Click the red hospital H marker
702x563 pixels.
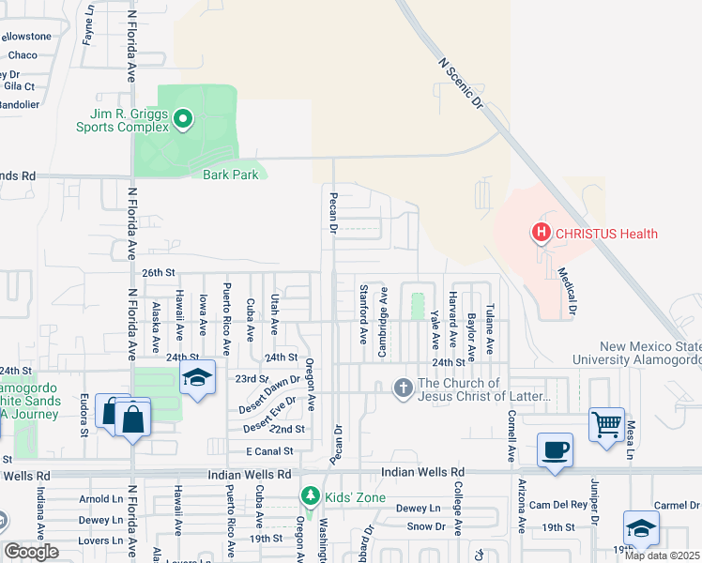tap(541, 232)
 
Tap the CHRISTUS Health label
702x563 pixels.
tap(605, 234)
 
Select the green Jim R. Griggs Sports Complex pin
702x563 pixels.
tap(184, 119)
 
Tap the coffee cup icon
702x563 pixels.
tap(555, 449)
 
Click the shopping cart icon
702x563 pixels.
tap(606, 423)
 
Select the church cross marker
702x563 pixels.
tap(403, 388)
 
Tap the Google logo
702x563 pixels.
tap(32, 552)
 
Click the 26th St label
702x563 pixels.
tap(159, 272)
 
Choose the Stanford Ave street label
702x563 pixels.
tap(362, 314)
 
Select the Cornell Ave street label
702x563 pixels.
tap(511, 436)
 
